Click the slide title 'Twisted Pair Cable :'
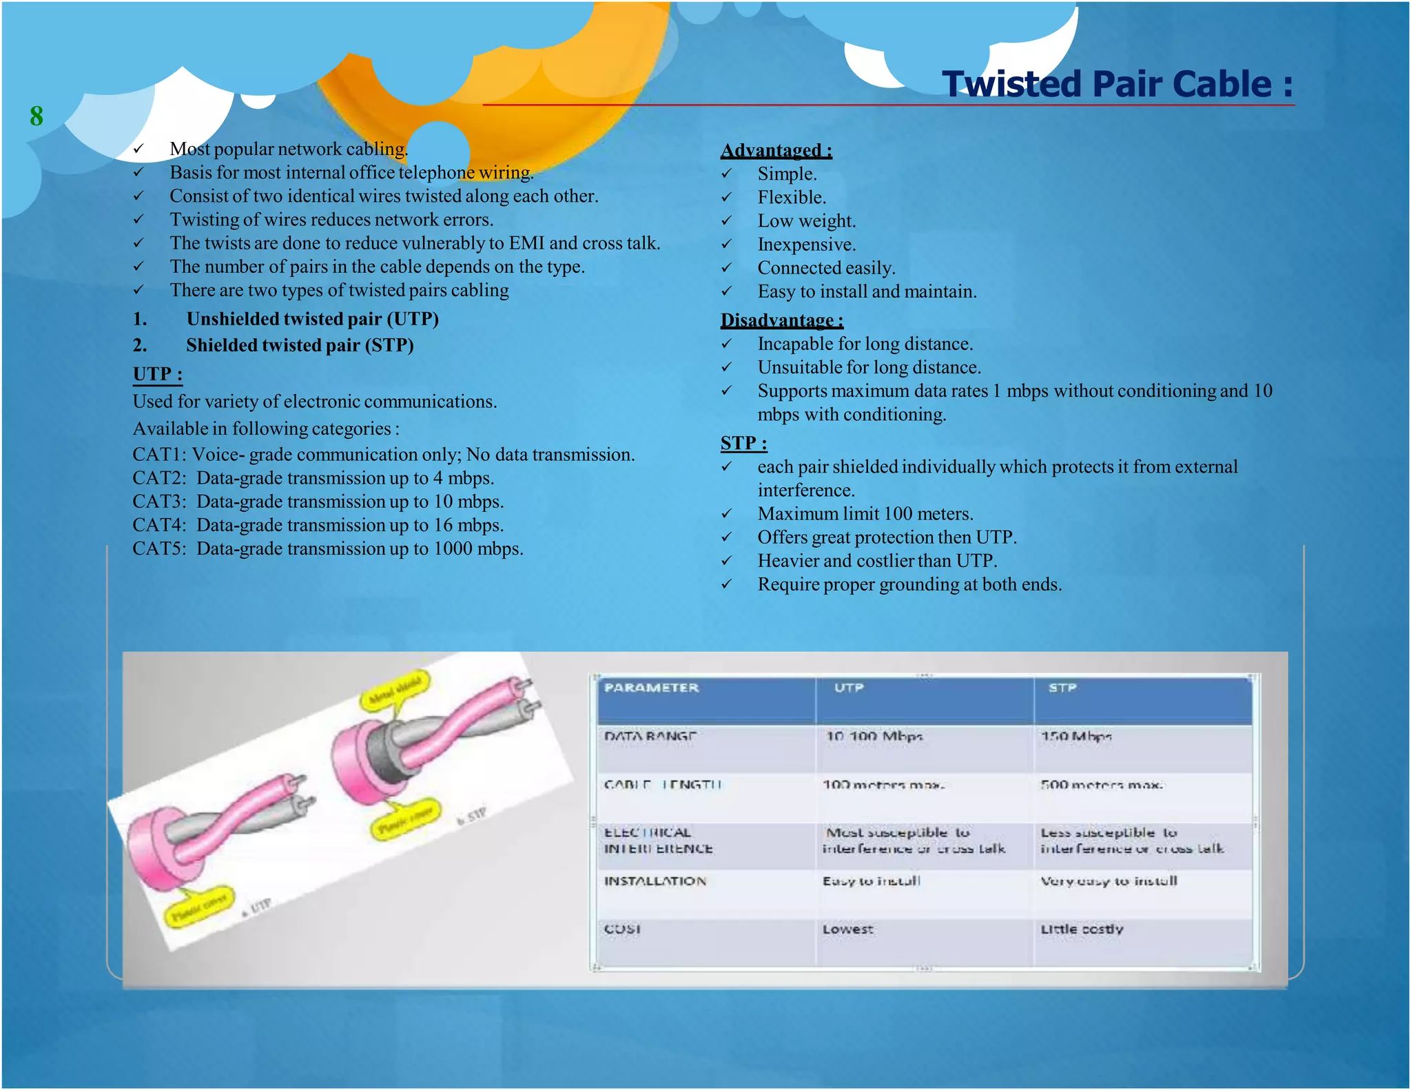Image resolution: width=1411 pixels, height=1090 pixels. click(x=1117, y=84)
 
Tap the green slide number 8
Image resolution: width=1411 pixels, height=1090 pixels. click(x=37, y=116)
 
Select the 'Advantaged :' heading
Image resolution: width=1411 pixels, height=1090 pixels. click(x=776, y=150)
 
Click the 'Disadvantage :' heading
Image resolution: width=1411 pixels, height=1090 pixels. click(x=781, y=320)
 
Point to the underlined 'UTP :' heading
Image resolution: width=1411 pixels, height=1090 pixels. click(x=157, y=374)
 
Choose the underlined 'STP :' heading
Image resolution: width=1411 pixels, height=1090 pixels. click(x=743, y=443)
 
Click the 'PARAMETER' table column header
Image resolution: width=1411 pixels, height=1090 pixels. click(x=651, y=688)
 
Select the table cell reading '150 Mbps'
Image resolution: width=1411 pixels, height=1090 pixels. click(x=1075, y=737)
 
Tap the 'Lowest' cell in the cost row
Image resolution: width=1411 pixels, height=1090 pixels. click(x=847, y=929)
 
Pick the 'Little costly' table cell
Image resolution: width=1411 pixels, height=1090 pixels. click(x=1082, y=929)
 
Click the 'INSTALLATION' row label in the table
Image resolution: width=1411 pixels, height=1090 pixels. click(x=655, y=881)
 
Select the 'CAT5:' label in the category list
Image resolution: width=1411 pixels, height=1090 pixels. click(x=159, y=549)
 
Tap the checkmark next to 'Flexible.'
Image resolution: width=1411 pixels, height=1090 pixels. click(x=726, y=198)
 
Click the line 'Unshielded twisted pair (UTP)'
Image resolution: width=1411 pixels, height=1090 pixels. click(x=312, y=319)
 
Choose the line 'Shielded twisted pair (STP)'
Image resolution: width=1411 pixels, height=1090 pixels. click(x=300, y=345)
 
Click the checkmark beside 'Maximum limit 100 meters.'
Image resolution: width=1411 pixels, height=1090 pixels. click(x=726, y=514)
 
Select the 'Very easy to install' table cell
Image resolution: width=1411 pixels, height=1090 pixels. click(x=1109, y=881)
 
